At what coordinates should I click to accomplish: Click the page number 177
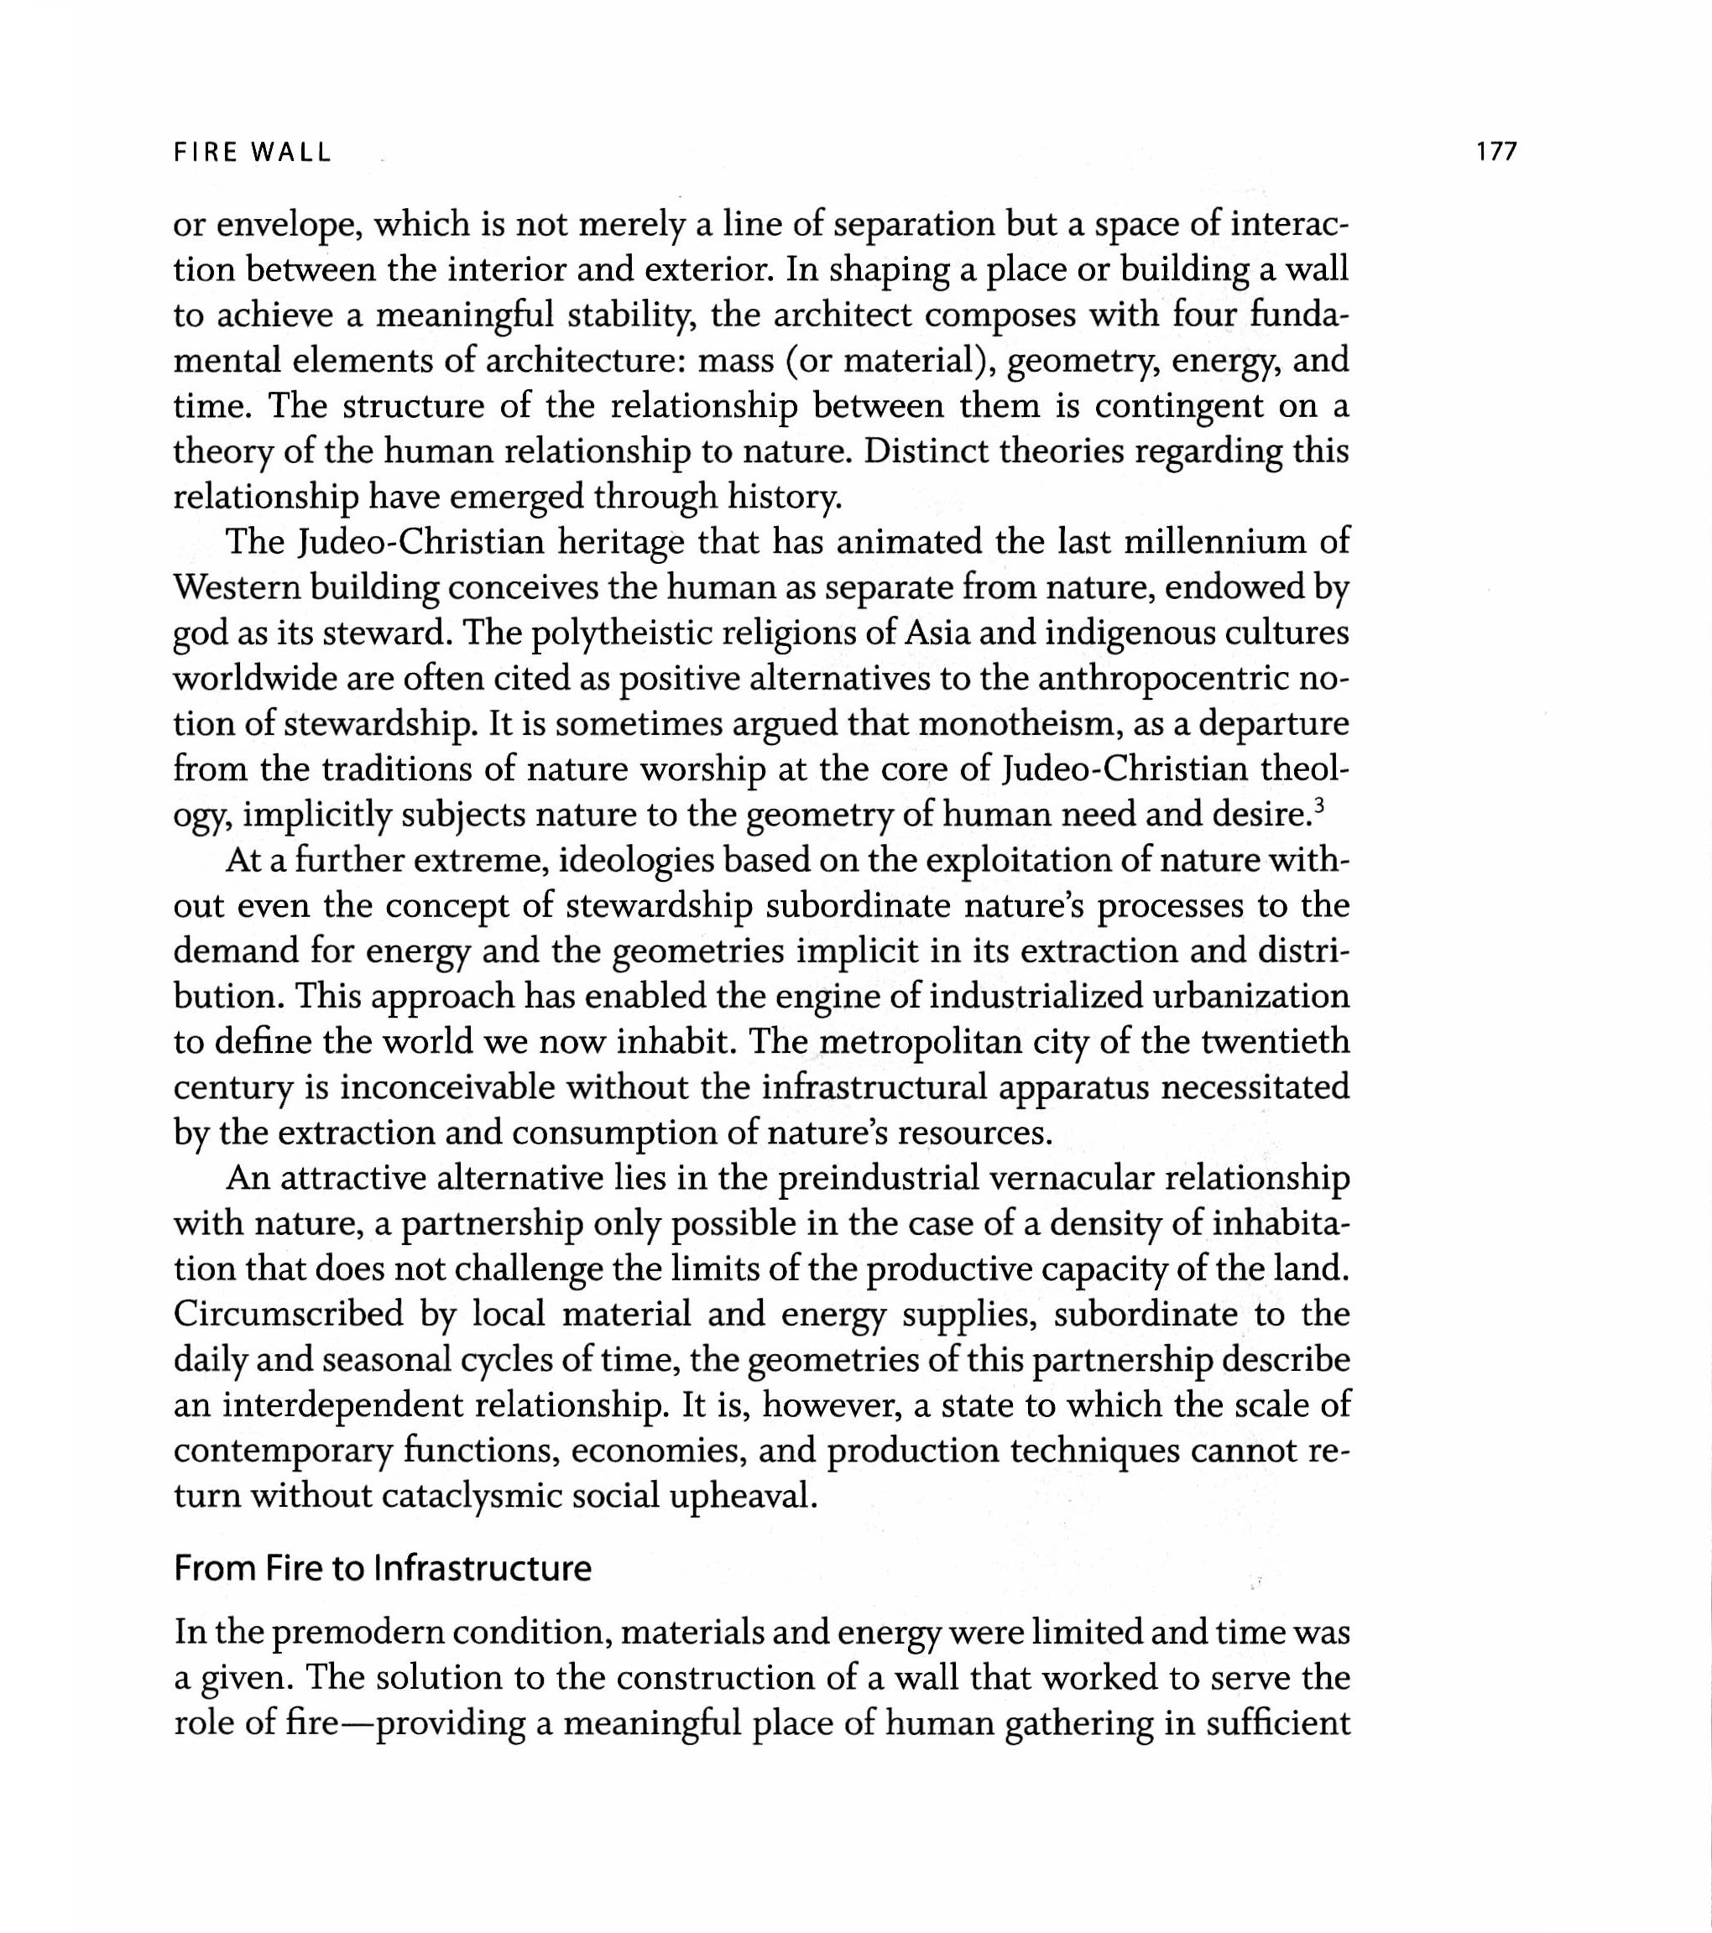[x=1495, y=151]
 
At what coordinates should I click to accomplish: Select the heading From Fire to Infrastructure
[x=382, y=1569]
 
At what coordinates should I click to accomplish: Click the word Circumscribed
[x=289, y=1315]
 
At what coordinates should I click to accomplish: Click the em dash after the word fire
[x=357, y=1724]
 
